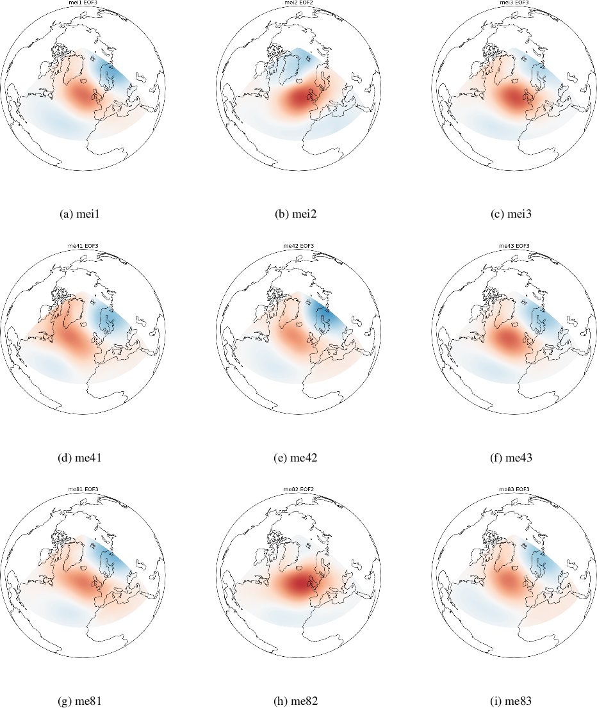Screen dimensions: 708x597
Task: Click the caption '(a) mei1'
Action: pos(83,214)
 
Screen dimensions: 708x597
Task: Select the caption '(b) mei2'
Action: pos(298,214)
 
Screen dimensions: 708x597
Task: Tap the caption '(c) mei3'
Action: pos(514,214)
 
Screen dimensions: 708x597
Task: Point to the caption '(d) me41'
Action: pos(83,458)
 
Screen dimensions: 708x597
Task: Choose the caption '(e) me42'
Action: pos(298,458)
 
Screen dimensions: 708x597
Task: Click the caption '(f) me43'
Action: pos(514,458)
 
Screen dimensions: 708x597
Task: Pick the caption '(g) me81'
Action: pos(83,701)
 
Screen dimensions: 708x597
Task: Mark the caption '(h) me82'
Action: pos(298,701)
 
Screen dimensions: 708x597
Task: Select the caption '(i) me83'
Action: pos(514,701)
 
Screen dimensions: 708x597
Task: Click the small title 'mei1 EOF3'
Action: pos(83,3)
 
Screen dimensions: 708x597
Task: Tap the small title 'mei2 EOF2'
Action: pos(298,3)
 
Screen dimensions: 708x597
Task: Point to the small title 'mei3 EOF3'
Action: pos(514,3)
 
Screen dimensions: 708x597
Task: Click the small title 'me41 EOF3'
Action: pos(83,246)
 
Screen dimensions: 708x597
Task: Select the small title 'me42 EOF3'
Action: pos(298,246)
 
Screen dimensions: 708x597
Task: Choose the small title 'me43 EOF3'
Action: pos(514,246)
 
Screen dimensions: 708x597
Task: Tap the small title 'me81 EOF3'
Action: pos(83,490)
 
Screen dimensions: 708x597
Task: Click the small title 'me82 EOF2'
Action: pos(298,490)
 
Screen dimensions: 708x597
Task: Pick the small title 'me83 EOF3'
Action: pos(514,490)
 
